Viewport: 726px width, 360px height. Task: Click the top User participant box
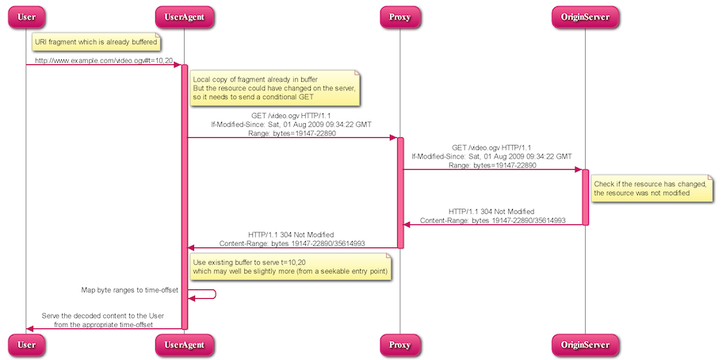coord(26,17)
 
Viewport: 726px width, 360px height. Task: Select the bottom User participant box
coord(26,344)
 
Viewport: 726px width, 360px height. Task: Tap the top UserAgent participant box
coord(184,17)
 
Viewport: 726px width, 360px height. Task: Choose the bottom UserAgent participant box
coord(184,344)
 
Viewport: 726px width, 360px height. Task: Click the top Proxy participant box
coord(400,17)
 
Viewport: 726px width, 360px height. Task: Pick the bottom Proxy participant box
coord(400,344)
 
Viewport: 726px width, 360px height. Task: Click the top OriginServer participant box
coord(585,17)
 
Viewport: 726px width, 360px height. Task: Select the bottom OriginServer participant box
coord(585,344)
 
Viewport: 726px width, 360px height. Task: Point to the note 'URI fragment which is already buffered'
coord(96,41)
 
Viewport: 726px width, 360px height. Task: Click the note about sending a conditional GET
coord(273,88)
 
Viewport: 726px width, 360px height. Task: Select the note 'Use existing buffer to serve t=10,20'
coord(289,266)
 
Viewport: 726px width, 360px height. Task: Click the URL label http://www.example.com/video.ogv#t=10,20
coord(104,60)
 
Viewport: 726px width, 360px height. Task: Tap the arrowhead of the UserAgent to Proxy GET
coord(392,138)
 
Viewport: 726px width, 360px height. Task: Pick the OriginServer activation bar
coord(586,197)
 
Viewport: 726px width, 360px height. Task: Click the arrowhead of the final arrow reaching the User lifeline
coord(31,328)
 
